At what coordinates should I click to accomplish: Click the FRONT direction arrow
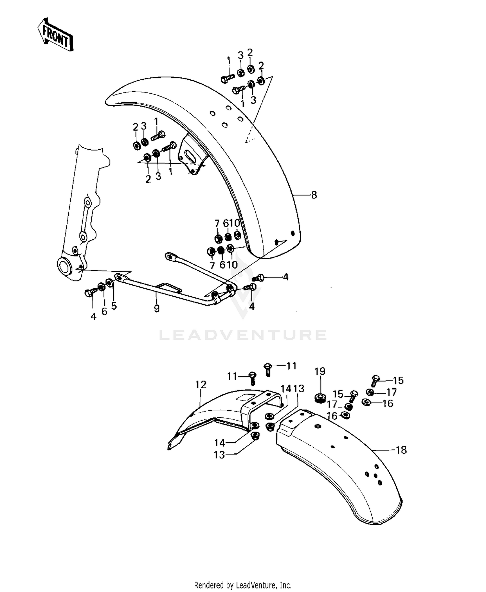pos(54,34)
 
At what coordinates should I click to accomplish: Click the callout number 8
pos(314,195)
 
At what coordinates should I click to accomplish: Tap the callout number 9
pos(157,309)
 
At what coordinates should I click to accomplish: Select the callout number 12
pos(201,384)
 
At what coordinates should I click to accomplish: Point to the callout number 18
pos(401,450)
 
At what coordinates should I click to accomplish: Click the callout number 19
pos(320,371)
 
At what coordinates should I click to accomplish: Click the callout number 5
pos(114,306)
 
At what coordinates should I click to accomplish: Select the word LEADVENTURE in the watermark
pos(243,335)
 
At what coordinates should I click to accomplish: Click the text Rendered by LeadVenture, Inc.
pos(243,585)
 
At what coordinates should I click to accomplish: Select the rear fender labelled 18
pos(343,466)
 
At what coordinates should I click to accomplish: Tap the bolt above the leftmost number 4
pos(90,293)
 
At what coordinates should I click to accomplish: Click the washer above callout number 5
pos(110,284)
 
